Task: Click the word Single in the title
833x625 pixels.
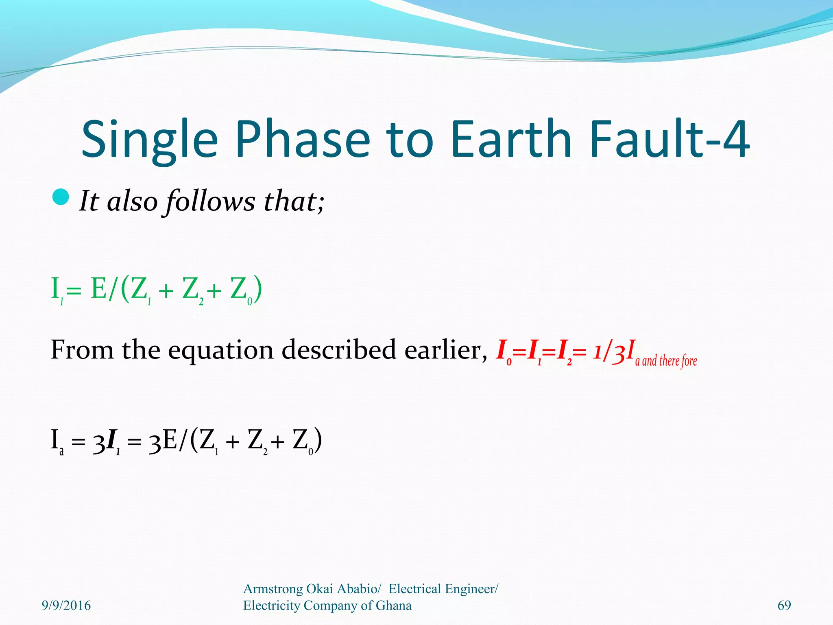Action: [x=150, y=139]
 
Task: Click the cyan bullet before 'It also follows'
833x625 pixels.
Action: [x=61, y=197]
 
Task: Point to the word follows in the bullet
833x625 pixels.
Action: [x=210, y=201]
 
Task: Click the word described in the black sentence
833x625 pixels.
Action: [x=338, y=350]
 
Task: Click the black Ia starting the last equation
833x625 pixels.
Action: [x=57, y=442]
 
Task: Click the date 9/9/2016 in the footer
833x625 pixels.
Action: [x=66, y=605]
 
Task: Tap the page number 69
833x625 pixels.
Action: [x=784, y=605]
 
